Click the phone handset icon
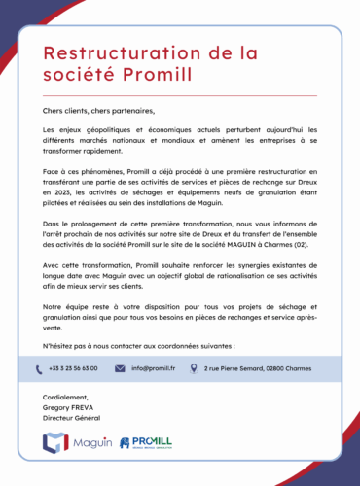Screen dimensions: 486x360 click(x=53, y=368)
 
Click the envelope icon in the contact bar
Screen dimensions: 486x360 click(x=120, y=369)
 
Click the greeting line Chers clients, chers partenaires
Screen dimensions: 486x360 click(x=98, y=111)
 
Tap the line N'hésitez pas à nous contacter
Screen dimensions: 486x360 click(x=138, y=345)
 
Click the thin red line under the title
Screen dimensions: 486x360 click(x=180, y=95)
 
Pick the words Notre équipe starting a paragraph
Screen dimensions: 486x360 click(x=65, y=307)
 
